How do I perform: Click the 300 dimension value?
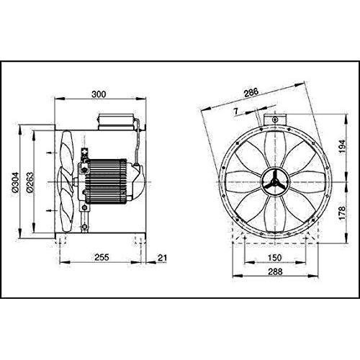coord(99,94)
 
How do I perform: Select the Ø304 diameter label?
coord(15,182)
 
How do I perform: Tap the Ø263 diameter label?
coord(30,182)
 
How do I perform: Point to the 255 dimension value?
coord(102,257)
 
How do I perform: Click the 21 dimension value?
coord(162,258)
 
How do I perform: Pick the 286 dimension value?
coord(251,92)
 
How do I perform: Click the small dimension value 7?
coord(236,111)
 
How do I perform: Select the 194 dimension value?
coord(343,146)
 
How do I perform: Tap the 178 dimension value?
coord(343,212)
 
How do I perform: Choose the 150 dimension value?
coord(274,258)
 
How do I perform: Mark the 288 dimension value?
coord(275,271)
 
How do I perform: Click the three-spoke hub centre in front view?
coord(275,182)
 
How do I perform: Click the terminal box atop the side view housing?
coord(115,122)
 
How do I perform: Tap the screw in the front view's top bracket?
coord(275,120)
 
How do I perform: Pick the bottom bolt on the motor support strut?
coord(84,227)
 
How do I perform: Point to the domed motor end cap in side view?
coord(139,181)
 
